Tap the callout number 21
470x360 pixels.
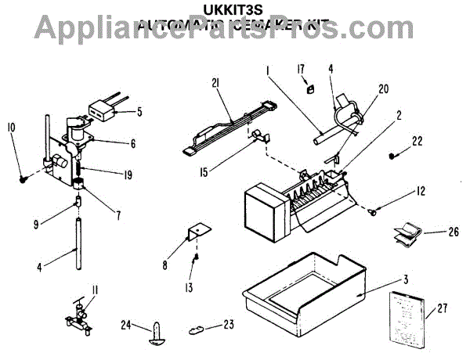click(x=217, y=82)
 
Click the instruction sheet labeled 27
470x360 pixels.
click(x=405, y=319)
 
